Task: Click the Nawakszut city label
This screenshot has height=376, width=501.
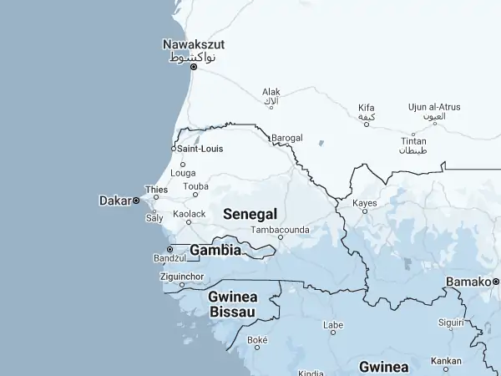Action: click(x=194, y=44)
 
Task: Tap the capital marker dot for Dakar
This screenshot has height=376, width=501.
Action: click(x=136, y=201)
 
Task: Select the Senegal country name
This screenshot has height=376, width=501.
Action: click(x=250, y=214)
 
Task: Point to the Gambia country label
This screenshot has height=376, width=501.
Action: click(x=215, y=250)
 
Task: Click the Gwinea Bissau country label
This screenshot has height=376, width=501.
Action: click(x=233, y=304)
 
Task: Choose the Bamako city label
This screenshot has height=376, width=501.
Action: click(x=468, y=282)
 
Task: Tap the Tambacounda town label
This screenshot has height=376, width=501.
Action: click(x=281, y=229)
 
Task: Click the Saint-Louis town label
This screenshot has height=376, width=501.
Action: click(x=200, y=149)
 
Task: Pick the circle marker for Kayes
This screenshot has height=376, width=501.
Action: click(x=364, y=211)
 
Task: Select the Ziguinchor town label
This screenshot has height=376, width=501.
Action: click(x=181, y=275)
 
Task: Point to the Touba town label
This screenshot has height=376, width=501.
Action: click(x=195, y=186)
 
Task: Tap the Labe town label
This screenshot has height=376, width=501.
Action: click(x=333, y=324)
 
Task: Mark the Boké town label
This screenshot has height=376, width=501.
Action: click(x=257, y=340)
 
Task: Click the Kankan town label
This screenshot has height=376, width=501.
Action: click(x=445, y=362)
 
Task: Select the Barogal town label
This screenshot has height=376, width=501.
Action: click(x=287, y=138)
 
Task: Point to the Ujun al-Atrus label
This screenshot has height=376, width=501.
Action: click(x=434, y=107)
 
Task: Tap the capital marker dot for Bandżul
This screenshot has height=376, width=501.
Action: click(x=170, y=249)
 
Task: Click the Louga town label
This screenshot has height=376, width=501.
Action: click(x=183, y=174)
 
